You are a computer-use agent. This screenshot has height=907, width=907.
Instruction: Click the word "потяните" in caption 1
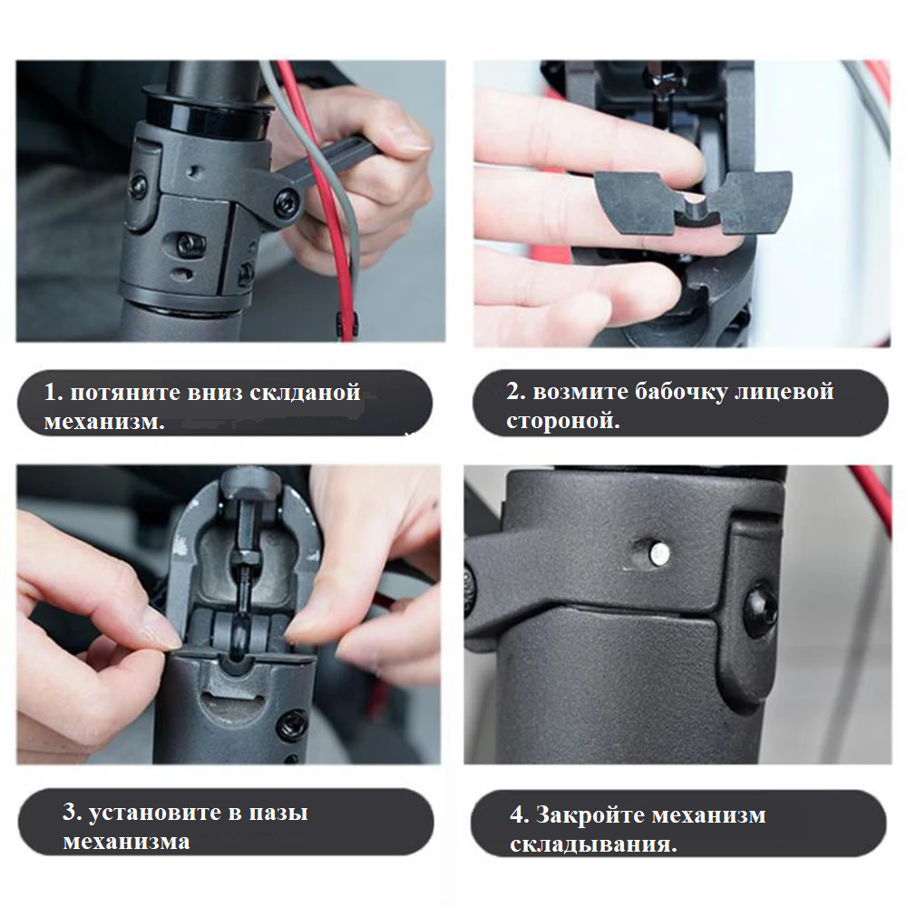click(x=124, y=393)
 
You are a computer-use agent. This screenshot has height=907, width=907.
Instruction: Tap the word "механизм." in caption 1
click(x=104, y=421)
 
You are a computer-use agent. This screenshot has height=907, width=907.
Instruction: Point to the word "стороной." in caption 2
click(x=563, y=421)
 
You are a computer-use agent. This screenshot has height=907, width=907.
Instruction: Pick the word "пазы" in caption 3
click(x=278, y=814)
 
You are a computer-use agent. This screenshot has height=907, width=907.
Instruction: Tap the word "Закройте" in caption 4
click(x=590, y=815)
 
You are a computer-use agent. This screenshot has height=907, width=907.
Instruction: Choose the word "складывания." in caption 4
click(x=593, y=844)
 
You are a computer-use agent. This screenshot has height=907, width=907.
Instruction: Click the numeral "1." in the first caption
click(x=54, y=392)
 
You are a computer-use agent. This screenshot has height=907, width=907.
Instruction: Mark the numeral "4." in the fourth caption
click(x=519, y=815)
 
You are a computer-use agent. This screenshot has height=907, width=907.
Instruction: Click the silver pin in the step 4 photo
click(x=658, y=554)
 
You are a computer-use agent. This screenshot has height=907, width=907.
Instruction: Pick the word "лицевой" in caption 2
click(x=785, y=392)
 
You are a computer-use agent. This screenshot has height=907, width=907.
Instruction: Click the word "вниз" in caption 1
click(x=215, y=393)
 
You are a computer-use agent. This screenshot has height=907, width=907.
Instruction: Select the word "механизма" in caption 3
click(x=126, y=842)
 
